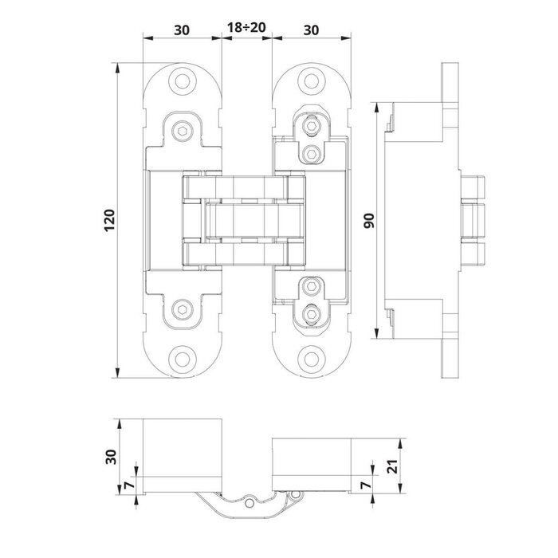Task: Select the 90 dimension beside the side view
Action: point(368,220)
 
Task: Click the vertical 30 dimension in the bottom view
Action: point(112,457)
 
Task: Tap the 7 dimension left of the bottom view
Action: point(128,483)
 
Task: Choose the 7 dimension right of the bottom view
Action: point(368,483)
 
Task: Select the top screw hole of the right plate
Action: point(311,80)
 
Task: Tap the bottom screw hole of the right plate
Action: point(311,360)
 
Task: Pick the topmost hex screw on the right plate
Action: point(312,126)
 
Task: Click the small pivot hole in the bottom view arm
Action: point(253,503)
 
